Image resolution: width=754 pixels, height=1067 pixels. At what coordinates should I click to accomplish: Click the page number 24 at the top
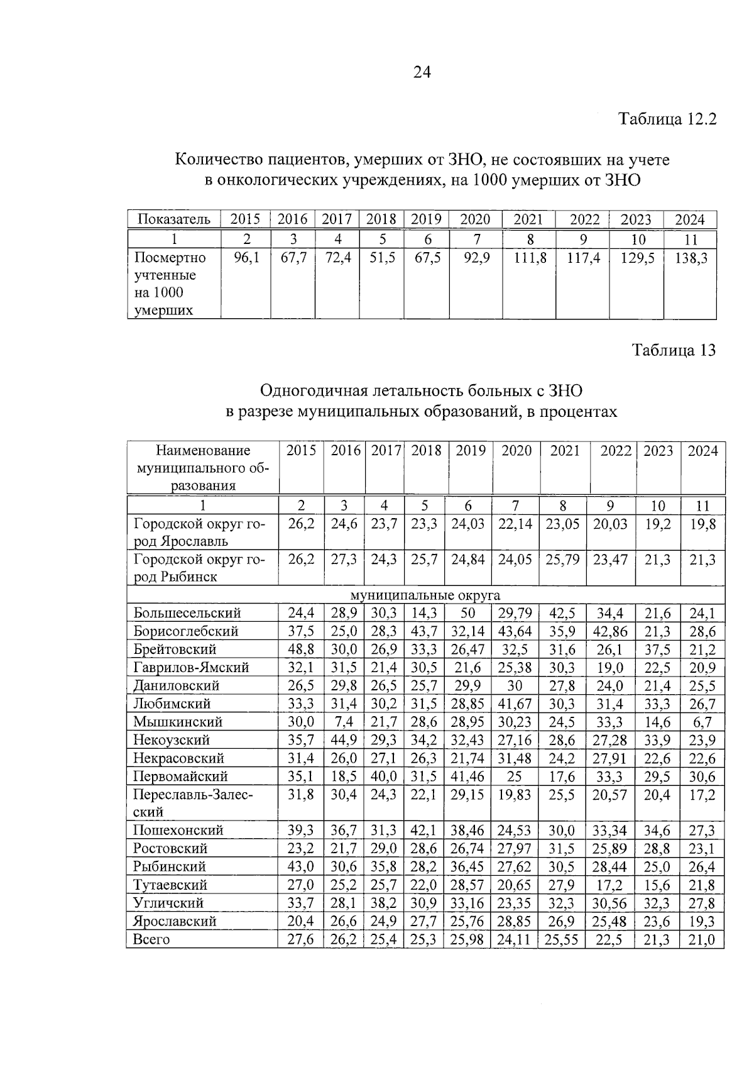click(422, 73)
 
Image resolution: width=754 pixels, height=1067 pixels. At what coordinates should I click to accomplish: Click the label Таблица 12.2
click(667, 119)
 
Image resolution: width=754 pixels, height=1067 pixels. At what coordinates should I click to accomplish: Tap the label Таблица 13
click(674, 350)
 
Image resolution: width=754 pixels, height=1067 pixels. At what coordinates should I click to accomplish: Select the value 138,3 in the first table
click(691, 258)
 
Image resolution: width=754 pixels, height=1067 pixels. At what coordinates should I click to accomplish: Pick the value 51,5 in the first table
click(381, 258)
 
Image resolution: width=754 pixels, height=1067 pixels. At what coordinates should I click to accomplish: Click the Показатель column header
click(174, 219)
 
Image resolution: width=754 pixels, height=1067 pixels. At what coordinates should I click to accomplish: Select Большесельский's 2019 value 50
click(471, 613)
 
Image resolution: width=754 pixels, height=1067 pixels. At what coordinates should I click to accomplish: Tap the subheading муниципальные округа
click(425, 595)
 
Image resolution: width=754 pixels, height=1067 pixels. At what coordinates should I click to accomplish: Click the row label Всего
click(151, 939)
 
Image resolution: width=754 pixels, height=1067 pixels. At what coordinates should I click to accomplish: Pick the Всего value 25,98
click(468, 939)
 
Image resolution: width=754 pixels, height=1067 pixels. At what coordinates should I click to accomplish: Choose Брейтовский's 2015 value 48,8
click(302, 650)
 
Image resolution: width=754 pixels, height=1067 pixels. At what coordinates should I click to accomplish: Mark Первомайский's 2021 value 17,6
click(562, 777)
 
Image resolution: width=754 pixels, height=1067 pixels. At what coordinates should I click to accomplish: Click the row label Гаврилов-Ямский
click(191, 668)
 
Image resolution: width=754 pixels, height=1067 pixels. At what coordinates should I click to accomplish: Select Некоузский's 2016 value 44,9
click(344, 740)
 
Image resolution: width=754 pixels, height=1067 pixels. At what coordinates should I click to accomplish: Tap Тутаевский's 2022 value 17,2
click(609, 885)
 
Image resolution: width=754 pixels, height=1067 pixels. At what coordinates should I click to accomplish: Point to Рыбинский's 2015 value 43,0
click(302, 866)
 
